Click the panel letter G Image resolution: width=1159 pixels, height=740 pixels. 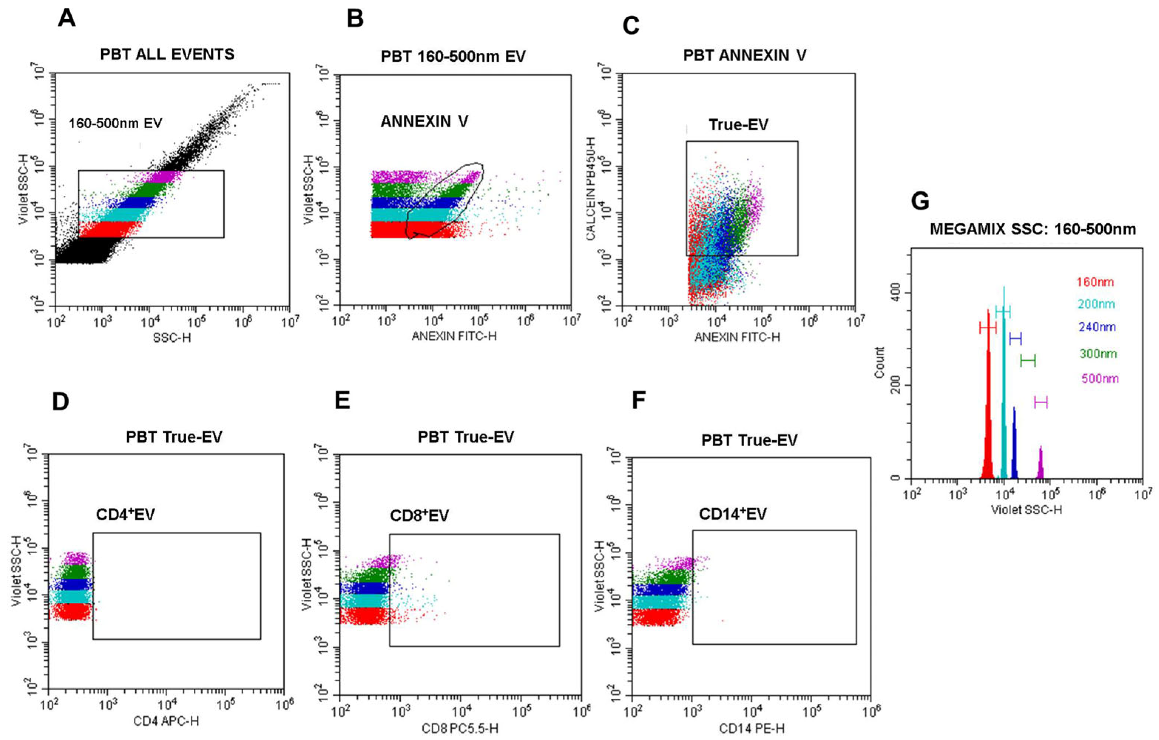pos(920,201)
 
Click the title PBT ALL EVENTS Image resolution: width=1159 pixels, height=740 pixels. pos(167,54)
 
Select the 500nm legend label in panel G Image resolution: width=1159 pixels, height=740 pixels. pos(1100,378)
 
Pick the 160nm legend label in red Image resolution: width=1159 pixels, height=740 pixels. pos(1095,282)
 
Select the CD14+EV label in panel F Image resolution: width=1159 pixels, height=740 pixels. pos(733,514)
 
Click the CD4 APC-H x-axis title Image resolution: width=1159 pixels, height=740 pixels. pos(166,721)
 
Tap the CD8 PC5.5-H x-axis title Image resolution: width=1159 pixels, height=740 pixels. pos(460,729)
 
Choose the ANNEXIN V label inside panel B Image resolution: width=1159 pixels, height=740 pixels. pos(424,121)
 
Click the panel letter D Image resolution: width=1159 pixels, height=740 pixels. pos(61,401)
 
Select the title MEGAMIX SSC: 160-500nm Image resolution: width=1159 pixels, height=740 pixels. pos(1033,229)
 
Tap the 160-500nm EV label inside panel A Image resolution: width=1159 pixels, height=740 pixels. pos(115,124)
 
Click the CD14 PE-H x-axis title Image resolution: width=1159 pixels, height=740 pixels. pos(751,729)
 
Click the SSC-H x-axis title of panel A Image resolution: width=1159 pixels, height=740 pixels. pos(172,338)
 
